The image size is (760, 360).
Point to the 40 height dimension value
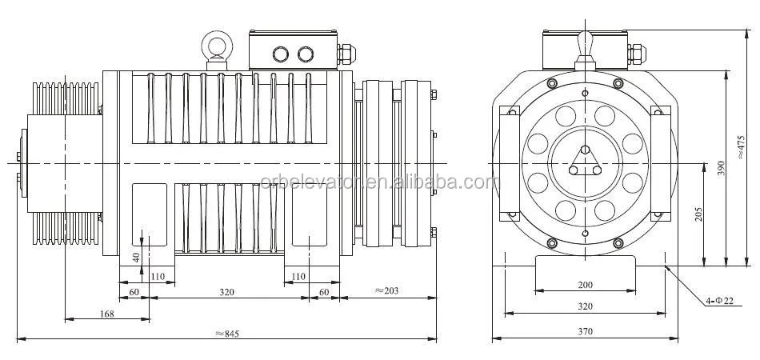(135, 257)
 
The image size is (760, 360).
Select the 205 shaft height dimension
(698, 214)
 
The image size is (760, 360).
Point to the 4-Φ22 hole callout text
(718, 302)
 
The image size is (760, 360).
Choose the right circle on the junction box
(306, 54)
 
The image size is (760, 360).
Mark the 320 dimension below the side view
(227, 292)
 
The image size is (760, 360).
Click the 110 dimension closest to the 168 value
(157, 276)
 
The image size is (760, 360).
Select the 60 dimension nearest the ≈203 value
(323, 292)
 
